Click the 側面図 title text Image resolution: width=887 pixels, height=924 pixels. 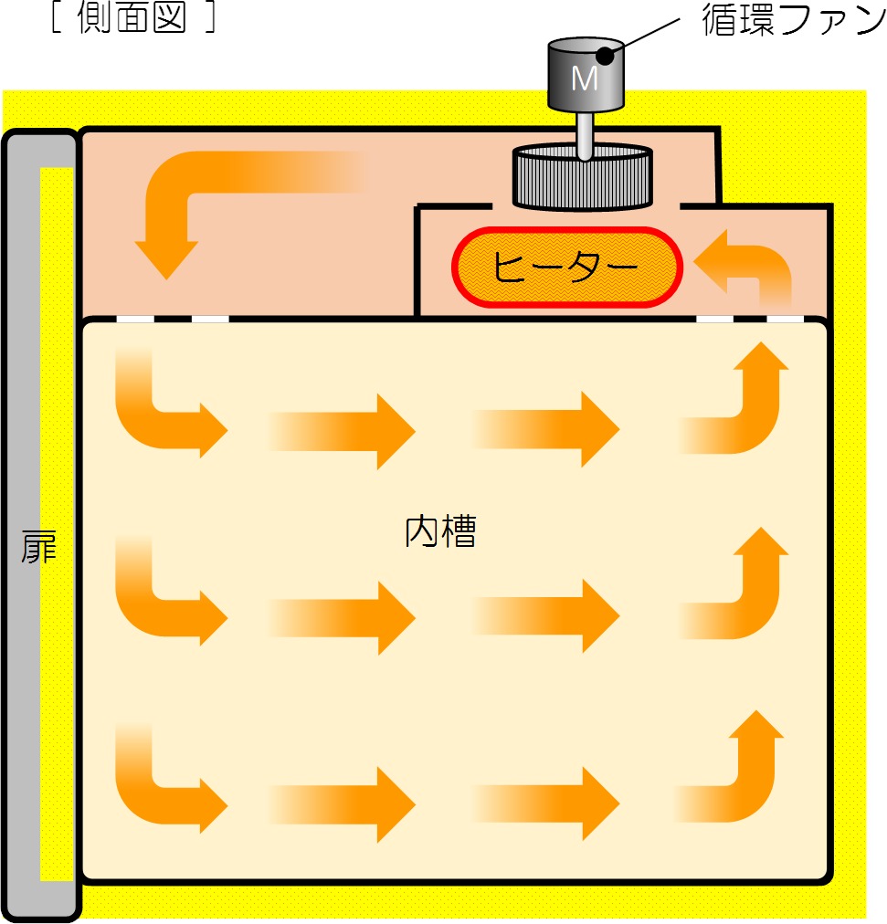(x=132, y=16)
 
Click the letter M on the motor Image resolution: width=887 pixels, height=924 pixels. (x=585, y=79)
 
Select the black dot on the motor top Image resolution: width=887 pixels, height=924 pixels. (x=606, y=56)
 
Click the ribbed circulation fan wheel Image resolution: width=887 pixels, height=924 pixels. (x=583, y=177)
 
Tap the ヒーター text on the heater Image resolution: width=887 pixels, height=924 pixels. (x=565, y=267)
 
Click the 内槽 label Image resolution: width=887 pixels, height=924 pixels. (x=440, y=531)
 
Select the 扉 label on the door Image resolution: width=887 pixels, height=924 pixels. (x=39, y=546)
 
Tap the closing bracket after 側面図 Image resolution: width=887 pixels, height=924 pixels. (x=210, y=17)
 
